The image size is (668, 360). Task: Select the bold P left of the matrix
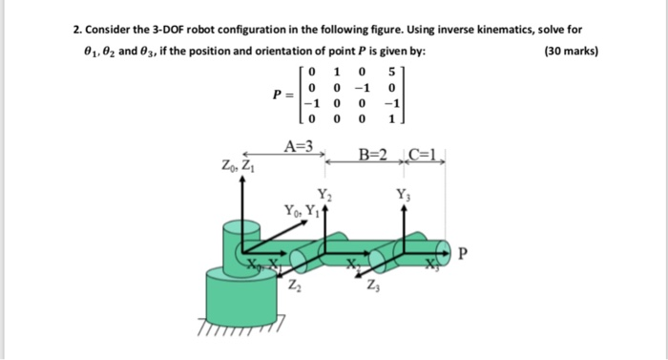point(276,95)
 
